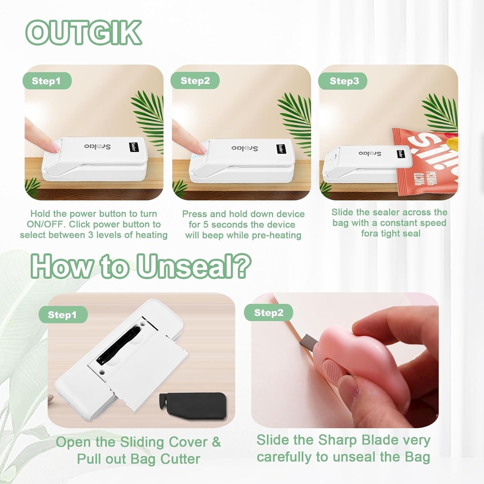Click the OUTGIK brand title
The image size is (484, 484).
click(x=84, y=33)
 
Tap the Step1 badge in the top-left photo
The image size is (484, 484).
click(x=46, y=81)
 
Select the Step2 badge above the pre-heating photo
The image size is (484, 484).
click(x=195, y=81)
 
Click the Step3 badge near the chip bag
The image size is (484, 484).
click(x=344, y=81)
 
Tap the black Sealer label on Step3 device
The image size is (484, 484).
click(x=401, y=155)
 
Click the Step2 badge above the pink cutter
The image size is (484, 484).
click(x=268, y=312)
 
